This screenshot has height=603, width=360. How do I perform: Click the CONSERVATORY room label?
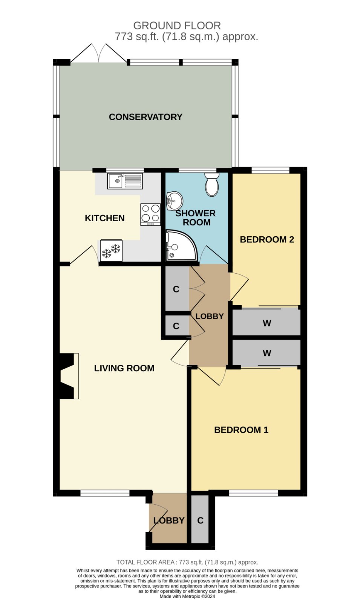(146, 117)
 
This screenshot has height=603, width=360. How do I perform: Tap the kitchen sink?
(125, 181)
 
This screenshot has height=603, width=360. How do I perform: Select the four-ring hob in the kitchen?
(150, 214)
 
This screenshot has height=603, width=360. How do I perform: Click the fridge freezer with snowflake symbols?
(111, 251)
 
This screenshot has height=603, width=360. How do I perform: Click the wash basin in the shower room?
(175, 201)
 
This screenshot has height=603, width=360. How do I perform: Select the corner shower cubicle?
(181, 245)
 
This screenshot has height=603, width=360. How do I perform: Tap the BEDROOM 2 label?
(267, 239)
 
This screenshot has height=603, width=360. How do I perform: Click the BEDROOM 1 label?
(241, 430)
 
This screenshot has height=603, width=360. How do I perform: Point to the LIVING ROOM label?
(124, 368)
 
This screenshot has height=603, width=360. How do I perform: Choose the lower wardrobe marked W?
(266, 352)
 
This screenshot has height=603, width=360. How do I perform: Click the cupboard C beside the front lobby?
(200, 520)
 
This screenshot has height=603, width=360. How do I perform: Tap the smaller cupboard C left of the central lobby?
(176, 326)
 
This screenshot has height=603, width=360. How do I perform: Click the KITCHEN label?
(105, 218)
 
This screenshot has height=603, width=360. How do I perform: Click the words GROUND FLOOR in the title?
(177, 26)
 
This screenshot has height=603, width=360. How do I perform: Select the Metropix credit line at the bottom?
(187, 596)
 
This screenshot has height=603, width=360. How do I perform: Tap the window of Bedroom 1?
(253, 493)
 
